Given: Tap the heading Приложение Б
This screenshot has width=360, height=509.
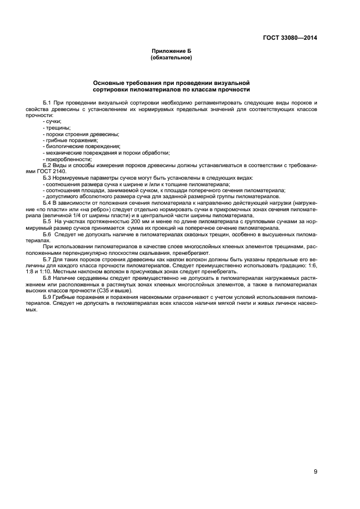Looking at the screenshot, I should click(x=171, y=51).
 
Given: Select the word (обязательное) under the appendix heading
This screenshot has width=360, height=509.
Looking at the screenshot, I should click(x=171, y=57).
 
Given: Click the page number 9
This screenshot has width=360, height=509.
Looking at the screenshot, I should click(x=315, y=471).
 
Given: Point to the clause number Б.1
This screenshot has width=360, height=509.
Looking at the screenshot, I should click(x=46, y=102).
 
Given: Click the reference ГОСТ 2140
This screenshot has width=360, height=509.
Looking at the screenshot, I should click(x=51, y=171).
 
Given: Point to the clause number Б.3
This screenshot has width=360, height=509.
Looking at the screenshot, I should click(x=46, y=178).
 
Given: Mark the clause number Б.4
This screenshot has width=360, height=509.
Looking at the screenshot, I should click(x=46, y=203).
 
